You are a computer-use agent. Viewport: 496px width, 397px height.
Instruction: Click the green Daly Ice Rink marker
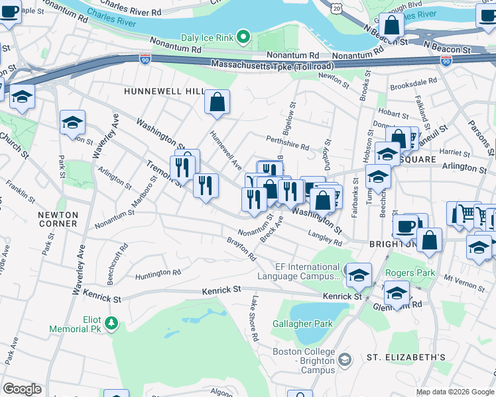coord(243,37)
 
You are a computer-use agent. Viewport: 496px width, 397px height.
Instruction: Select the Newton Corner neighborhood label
coord(58,219)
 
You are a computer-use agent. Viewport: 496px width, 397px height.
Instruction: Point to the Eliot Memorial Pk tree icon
coord(112,323)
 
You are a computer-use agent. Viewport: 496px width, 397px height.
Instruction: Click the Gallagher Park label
coord(302,324)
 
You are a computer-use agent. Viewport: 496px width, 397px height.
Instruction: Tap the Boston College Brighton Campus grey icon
coord(343,360)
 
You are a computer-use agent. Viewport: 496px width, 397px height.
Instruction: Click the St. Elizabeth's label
coord(406,357)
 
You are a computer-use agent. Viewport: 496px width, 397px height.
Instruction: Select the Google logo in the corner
coord(22,389)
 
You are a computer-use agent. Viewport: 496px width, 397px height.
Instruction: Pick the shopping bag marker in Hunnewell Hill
coord(217,103)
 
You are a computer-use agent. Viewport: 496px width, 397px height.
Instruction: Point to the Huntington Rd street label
coord(158,273)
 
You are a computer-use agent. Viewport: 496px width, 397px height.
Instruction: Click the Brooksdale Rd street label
coord(413,85)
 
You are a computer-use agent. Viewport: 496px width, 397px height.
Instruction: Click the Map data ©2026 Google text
coord(454,392)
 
